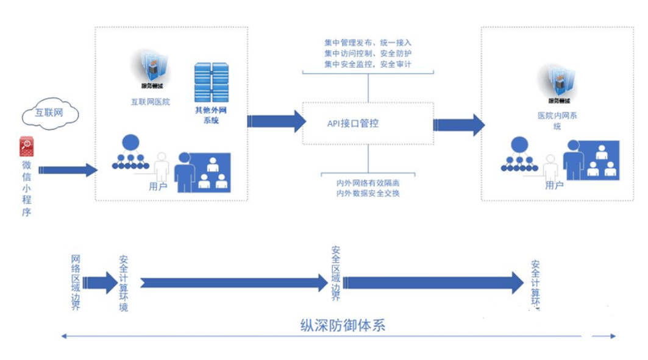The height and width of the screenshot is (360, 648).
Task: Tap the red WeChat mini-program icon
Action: tap(27, 146)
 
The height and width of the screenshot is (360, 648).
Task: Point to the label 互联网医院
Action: tap(150, 102)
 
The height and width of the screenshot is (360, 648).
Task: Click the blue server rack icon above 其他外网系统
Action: tap(212, 82)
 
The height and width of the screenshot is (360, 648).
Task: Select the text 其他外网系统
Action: tap(211, 116)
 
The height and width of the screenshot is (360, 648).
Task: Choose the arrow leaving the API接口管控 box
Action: tap(458, 124)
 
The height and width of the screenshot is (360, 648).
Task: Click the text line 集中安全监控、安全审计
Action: tap(368, 63)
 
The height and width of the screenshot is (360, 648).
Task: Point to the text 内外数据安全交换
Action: tap(368, 193)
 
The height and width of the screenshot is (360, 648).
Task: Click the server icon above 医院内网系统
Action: tap(553, 79)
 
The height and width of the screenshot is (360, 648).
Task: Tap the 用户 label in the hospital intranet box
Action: tap(554, 185)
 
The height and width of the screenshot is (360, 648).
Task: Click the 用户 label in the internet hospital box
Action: tap(158, 186)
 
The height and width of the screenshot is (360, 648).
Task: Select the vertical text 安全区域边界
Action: tap(336, 274)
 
